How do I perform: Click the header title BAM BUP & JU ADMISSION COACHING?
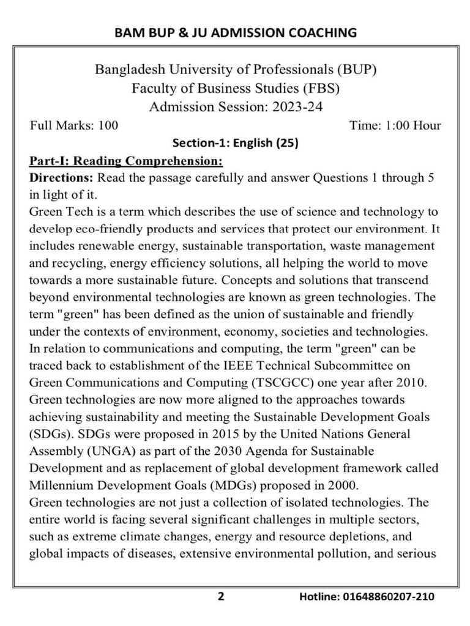tap(236, 32)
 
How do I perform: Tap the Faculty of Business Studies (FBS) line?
tap(236, 88)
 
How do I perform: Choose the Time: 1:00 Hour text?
tap(395, 126)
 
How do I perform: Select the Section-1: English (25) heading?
tap(236, 144)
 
